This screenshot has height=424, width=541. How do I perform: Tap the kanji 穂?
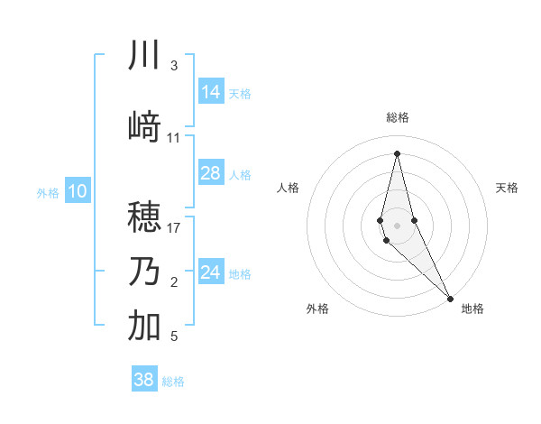[x=144, y=216]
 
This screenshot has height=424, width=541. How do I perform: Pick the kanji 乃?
[x=144, y=272]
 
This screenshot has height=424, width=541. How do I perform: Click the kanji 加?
[x=144, y=326]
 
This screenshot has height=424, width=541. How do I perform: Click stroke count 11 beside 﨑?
[x=174, y=138]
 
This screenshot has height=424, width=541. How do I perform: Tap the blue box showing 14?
[x=211, y=92]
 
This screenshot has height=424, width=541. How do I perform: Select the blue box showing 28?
[x=211, y=173]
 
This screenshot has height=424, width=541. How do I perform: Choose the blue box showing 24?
[x=211, y=272]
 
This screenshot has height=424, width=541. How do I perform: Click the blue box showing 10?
[x=78, y=191]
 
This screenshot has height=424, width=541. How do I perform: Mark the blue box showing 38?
[x=144, y=380]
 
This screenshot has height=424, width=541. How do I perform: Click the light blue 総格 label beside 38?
[x=173, y=382]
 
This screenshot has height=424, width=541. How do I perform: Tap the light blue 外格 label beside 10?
[x=47, y=192]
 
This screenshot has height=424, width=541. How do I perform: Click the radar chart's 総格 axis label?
[x=397, y=117]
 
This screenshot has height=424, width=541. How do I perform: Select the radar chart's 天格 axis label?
[x=507, y=188]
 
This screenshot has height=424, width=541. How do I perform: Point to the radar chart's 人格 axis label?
[x=288, y=188]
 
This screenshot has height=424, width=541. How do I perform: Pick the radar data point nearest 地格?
[x=450, y=297]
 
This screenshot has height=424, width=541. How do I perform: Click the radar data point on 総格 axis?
[x=397, y=152]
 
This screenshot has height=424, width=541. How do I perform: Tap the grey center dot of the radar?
[x=397, y=224]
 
